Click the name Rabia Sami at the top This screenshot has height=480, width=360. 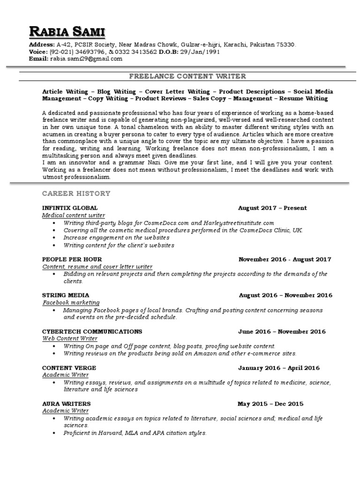[67, 32]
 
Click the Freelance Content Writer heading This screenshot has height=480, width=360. [187, 76]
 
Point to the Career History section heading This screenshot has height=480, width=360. [76, 193]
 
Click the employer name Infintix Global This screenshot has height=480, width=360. [70, 208]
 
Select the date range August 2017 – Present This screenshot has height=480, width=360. [272, 208]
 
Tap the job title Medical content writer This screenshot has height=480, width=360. [74, 215]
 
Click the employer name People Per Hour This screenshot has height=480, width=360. [72, 259]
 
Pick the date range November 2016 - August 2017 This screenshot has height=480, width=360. [285, 259]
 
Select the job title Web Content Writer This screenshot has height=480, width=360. [70, 338]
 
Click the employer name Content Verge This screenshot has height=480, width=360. [69, 368]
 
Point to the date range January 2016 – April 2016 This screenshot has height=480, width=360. [278, 368]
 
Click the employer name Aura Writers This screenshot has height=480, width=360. [66, 404]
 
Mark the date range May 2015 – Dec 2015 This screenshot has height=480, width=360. [270, 404]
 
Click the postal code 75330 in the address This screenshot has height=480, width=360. [286, 45]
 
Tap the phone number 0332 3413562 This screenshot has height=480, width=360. [137, 52]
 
